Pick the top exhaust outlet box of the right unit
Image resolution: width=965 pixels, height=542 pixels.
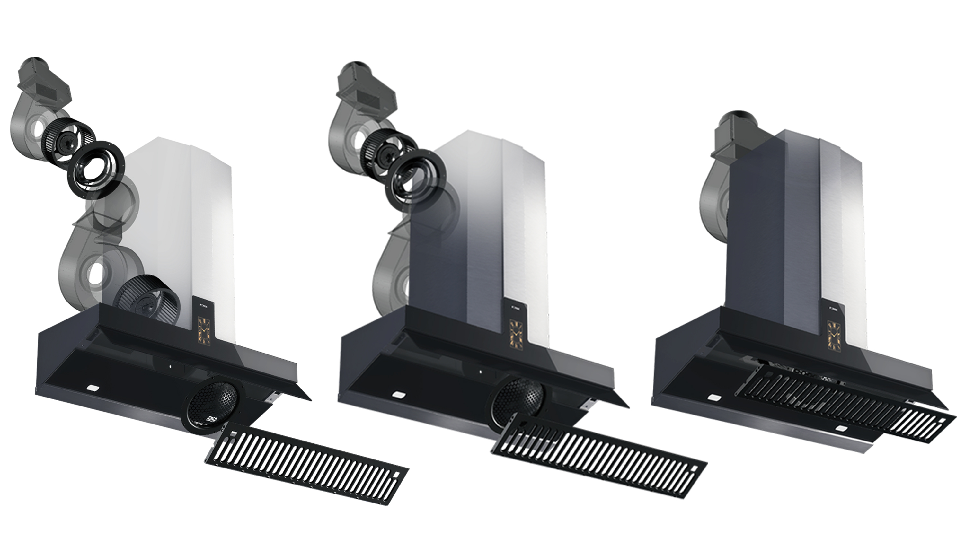click(x=732, y=135)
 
